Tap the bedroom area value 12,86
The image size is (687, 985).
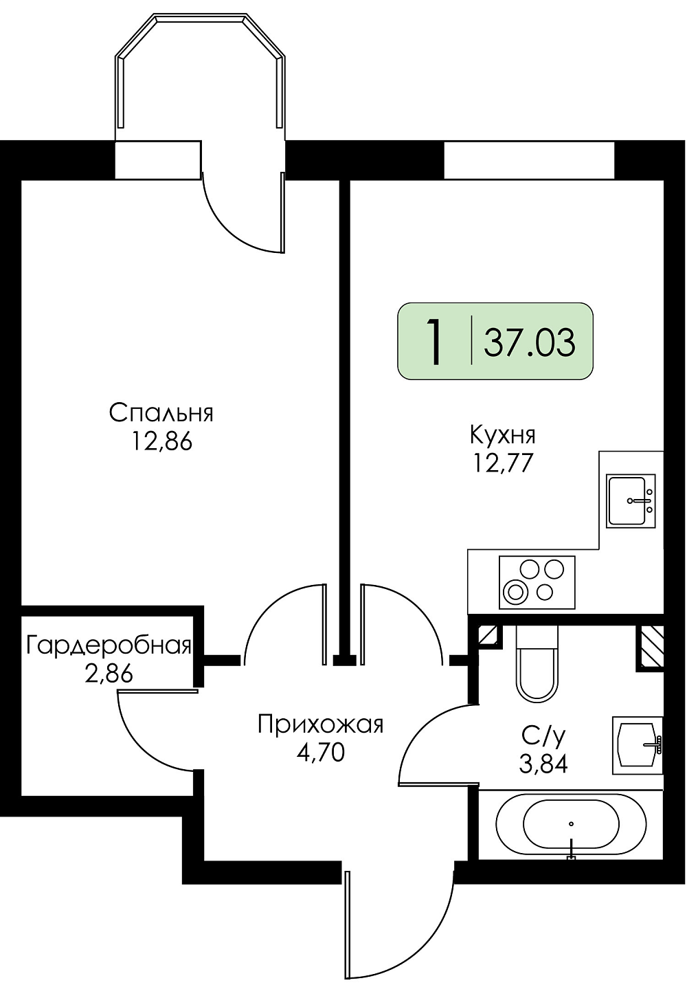(161, 442)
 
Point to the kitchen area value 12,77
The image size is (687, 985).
(504, 463)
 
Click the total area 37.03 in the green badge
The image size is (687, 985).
(530, 344)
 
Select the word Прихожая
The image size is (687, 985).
(320, 724)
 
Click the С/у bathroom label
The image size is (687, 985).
(543, 738)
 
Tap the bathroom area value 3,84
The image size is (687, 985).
(543, 764)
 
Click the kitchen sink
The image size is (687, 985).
(631, 500)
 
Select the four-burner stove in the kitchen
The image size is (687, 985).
(537, 582)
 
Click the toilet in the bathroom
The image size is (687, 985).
(537, 664)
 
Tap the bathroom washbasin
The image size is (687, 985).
(638, 745)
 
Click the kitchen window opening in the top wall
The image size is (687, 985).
(529, 159)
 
